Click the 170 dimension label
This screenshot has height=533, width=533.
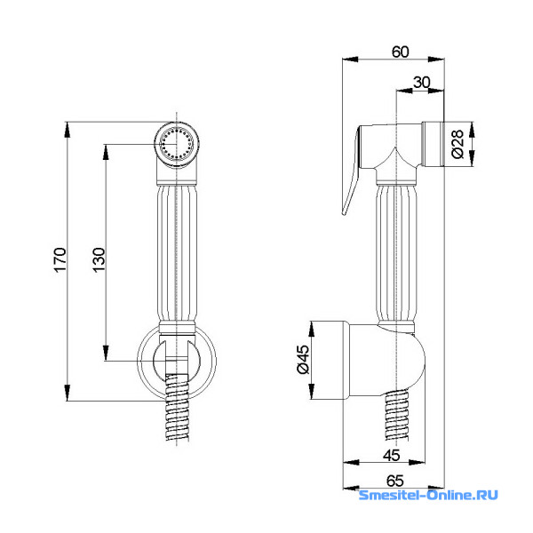tap(60, 259)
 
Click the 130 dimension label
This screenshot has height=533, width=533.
tap(99, 259)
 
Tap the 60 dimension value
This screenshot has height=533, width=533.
tap(400, 52)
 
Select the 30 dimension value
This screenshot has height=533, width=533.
tap(421, 82)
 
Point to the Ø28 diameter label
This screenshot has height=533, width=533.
tap(457, 144)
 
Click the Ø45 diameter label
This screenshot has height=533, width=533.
tap(303, 359)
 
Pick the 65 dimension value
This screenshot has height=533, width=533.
tap(395, 481)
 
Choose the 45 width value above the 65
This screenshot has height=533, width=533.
tap(391, 455)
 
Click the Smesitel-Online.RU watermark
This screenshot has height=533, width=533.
tap(428, 495)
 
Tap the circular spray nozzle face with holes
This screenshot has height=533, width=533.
tap(177, 144)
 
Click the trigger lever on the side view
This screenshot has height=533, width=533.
tap(352, 170)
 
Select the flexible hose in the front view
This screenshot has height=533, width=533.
tap(177, 407)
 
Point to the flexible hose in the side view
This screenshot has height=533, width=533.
tap(397, 415)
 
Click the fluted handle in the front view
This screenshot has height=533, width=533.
tap(177, 252)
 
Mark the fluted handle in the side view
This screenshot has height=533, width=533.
tap(396, 252)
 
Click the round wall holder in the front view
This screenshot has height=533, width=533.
tap(177, 361)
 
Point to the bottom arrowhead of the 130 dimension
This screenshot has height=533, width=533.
tap(106, 352)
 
